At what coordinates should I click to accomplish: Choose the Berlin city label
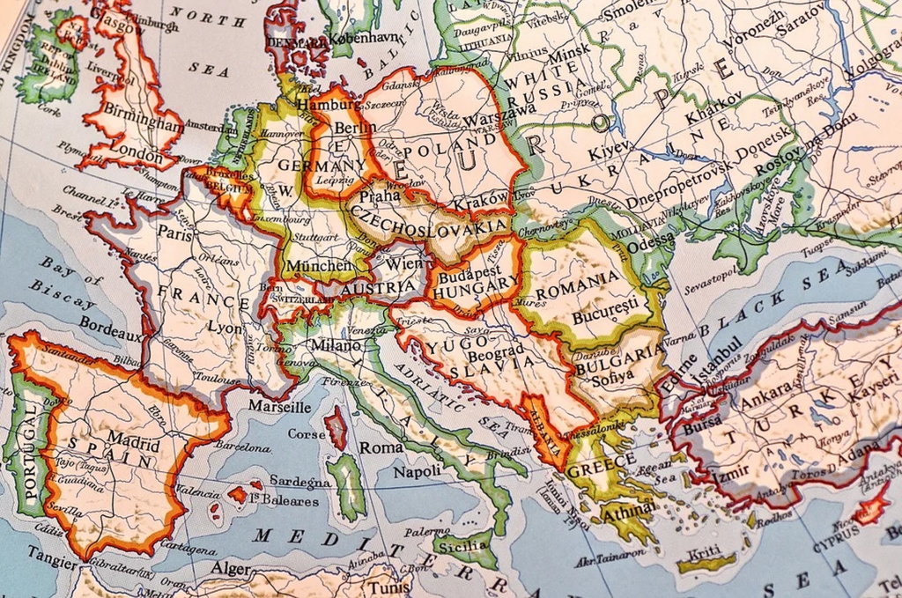(x=356, y=129)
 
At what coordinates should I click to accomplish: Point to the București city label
(x=603, y=314)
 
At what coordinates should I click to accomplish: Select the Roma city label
(x=381, y=447)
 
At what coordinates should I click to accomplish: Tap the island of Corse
(x=336, y=429)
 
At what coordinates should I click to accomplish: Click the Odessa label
(x=652, y=240)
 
